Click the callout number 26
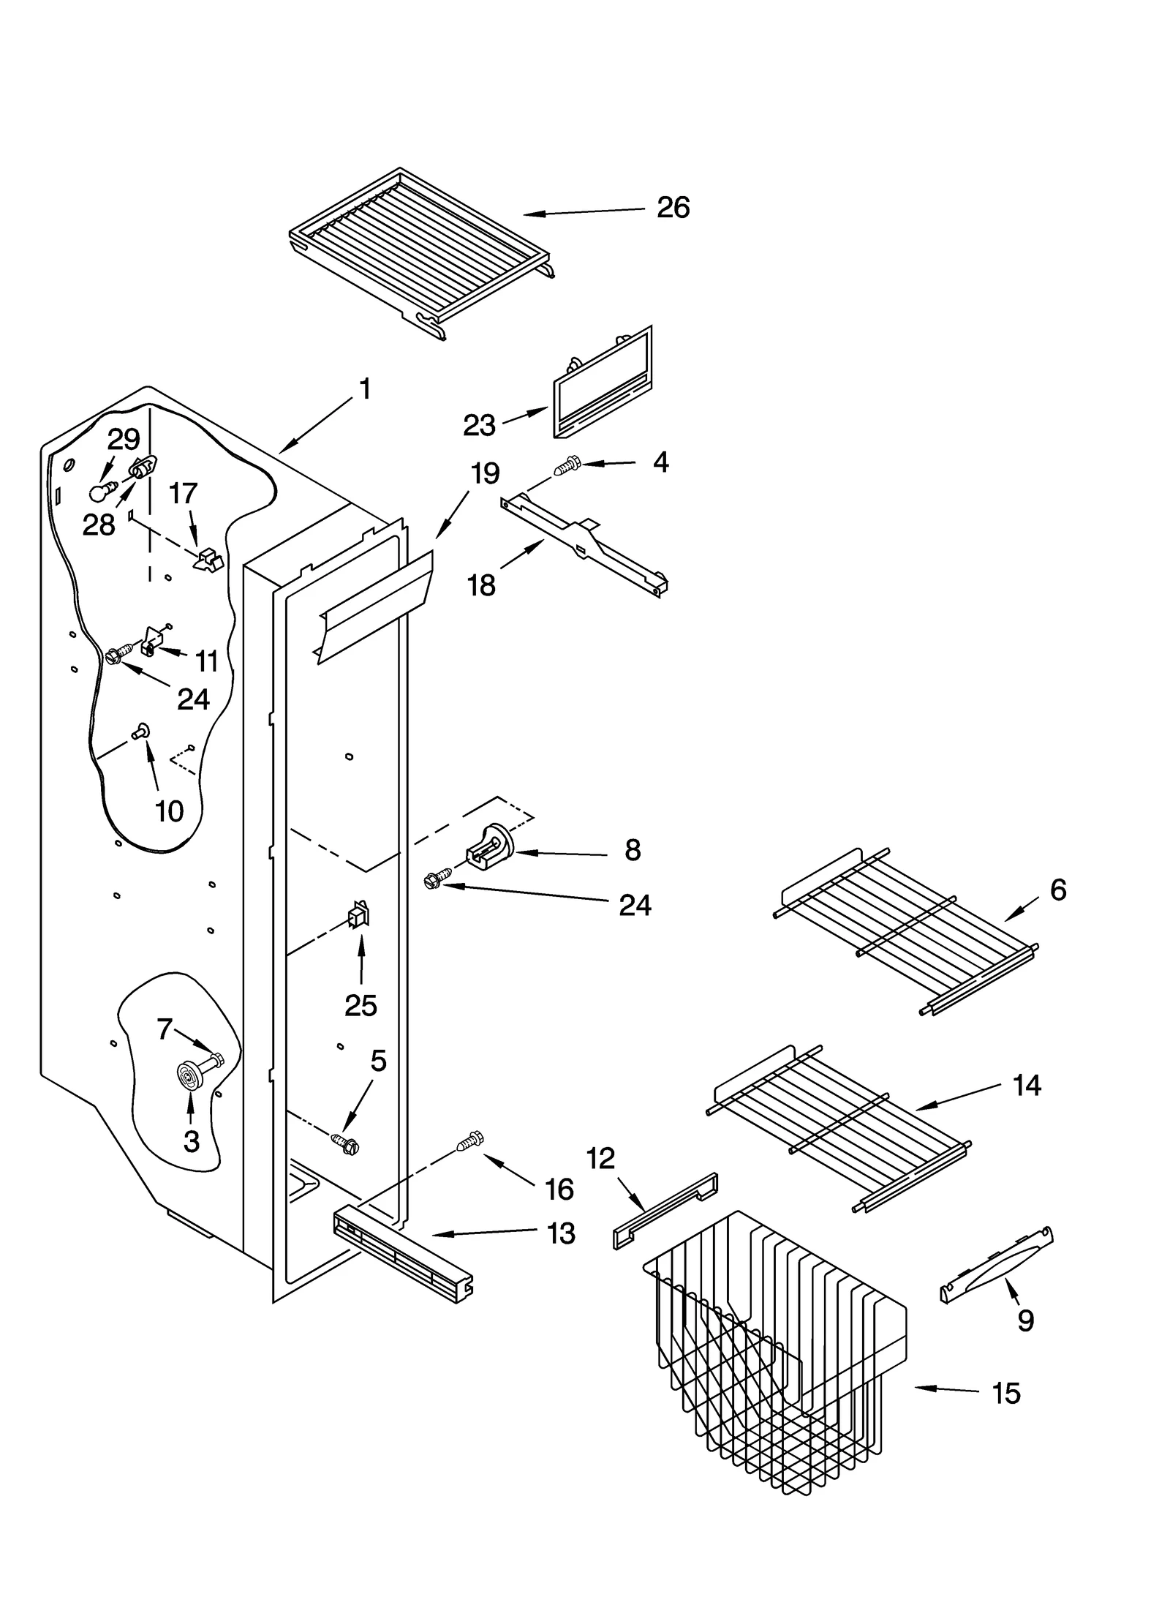pos(672,208)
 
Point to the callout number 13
pos(561,1233)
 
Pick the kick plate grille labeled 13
pos(402,1257)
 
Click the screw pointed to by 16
pos(469,1140)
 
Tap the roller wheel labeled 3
pos(190,1075)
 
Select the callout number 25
pos(361,1006)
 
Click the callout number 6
pos(1057,890)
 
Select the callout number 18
pos(481,585)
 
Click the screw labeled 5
pos(344,1143)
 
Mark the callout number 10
pos(169,811)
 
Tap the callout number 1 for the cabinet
pos(365,389)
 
